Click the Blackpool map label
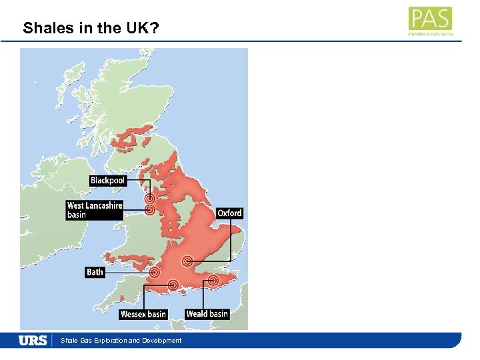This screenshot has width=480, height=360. (x=108, y=181)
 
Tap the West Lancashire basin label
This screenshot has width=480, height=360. (x=95, y=210)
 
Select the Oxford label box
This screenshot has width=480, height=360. (x=229, y=213)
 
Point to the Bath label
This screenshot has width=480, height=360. (x=95, y=272)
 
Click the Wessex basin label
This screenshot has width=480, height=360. (x=143, y=314)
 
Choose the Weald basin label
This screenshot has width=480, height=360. (x=207, y=314)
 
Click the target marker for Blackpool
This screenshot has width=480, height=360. (x=150, y=199)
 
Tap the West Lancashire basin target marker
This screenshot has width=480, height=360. (x=150, y=210)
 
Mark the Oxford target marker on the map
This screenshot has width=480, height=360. (x=188, y=261)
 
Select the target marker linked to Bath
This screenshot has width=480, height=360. (x=155, y=272)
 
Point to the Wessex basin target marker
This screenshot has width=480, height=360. (x=173, y=285)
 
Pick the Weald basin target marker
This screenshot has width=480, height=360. (x=213, y=281)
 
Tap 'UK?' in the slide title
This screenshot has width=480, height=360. (x=145, y=29)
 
